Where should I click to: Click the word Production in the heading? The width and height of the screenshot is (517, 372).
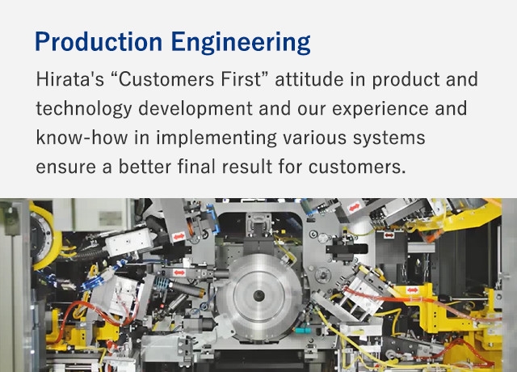(99, 42)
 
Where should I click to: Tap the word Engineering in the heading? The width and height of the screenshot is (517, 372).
(241, 43)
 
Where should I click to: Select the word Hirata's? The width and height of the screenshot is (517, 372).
(70, 79)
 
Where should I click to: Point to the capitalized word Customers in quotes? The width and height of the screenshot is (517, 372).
(163, 79)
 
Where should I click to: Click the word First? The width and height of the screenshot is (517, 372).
(243, 79)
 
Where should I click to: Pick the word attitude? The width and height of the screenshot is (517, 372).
(309, 79)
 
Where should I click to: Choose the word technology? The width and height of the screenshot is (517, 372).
(84, 109)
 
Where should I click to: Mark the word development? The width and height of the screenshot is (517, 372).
(195, 109)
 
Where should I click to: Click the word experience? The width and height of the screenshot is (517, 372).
(380, 109)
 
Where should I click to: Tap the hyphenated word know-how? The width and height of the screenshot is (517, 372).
(82, 137)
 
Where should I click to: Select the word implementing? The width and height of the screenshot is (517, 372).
(216, 138)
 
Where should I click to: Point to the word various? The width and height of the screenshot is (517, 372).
(315, 138)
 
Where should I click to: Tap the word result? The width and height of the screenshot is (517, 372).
(247, 166)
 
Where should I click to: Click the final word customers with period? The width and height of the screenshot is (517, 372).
(357, 167)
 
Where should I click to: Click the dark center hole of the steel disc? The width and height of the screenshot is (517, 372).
(258, 296)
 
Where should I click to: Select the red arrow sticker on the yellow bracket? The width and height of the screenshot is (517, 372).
(413, 290)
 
